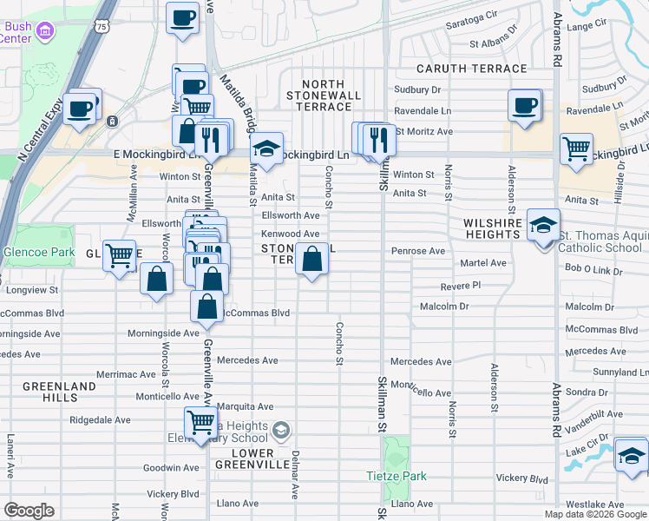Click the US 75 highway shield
pos(103,29)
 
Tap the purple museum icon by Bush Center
pos(46,32)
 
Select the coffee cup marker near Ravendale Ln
pos(525,106)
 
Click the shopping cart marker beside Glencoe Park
pos(119,255)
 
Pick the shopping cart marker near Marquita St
pos(200,424)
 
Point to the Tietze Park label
pos(395,476)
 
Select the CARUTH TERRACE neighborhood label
pos(471,68)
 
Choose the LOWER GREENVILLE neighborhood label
pos(253,459)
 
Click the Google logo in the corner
pos(29,511)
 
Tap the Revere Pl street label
pos(460,285)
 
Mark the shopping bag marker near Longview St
pos(156,280)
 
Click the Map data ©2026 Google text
pos(595,514)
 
